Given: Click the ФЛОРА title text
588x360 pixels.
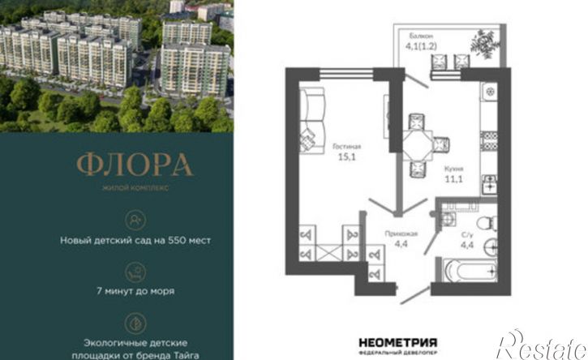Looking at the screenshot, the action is click(135, 165).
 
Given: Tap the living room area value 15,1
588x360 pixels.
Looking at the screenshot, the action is click(347, 156).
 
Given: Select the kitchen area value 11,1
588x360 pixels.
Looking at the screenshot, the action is click(453, 179).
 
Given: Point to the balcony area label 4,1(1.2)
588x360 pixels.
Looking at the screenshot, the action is click(421, 46).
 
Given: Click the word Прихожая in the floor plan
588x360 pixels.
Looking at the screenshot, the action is click(401, 234).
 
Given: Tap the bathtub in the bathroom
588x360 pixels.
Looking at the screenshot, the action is click(470, 270).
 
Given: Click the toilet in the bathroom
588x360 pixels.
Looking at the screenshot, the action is click(487, 223).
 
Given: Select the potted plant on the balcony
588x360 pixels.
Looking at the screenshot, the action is click(484, 44).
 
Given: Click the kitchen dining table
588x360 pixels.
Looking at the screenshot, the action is click(418, 145).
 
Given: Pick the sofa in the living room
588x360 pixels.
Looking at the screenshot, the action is click(311, 121).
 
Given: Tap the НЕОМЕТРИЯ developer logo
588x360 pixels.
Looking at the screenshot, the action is click(398, 343).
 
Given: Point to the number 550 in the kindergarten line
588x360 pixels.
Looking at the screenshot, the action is click(177, 240).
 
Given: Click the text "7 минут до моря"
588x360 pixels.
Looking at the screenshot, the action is click(135, 291).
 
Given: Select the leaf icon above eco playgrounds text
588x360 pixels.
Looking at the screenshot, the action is click(135, 324).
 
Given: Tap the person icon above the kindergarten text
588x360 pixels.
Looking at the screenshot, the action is click(135, 221).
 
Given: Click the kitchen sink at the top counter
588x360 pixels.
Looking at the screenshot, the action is click(489, 91).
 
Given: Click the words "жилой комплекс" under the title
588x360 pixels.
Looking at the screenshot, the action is click(135, 187).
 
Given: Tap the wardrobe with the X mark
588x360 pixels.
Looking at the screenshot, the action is click(329, 253).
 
